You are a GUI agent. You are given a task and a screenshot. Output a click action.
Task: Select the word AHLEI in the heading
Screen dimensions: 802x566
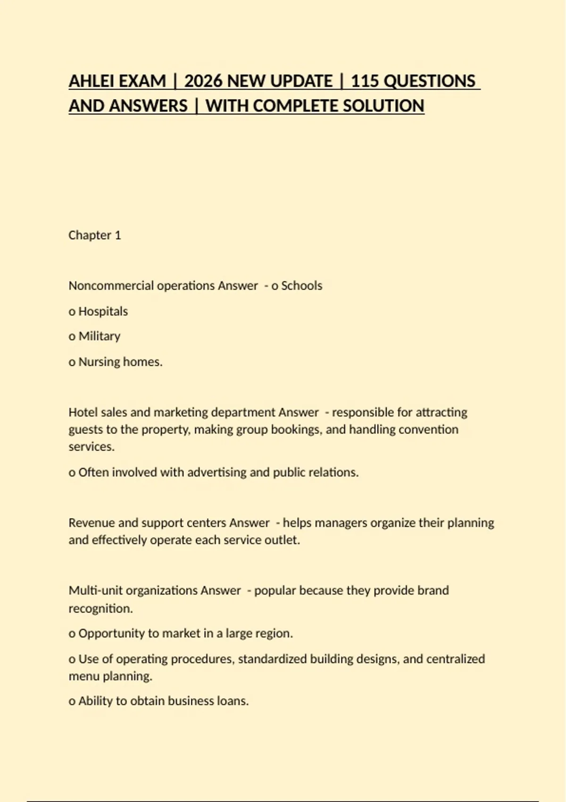coord(90,81)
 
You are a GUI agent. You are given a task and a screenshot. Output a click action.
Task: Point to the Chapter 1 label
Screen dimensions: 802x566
coord(95,235)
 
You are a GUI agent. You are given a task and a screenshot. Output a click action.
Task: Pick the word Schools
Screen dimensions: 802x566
coord(301,286)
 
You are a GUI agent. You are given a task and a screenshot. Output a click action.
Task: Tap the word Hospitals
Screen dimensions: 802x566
coord(103,311)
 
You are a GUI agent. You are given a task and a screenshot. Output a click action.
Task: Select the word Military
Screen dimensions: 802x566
coord(99,336)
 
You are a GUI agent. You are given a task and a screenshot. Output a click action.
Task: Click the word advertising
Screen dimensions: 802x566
coord(217,472)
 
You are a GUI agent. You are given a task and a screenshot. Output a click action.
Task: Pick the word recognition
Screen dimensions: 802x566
coord(100,609)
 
